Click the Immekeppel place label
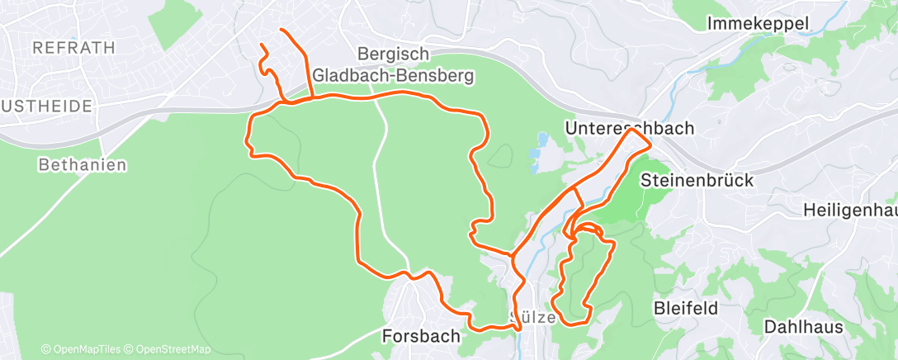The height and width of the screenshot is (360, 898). pos(758,24)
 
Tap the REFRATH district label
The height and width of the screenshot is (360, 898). pos(73,48)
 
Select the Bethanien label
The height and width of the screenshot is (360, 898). pos(83,165)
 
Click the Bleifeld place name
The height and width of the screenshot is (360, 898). pos(686,308)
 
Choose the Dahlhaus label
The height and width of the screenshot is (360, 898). pos(804,326)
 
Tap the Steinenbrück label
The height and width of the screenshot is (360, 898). pos(697,179)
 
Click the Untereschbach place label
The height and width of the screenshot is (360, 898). pos(629,128)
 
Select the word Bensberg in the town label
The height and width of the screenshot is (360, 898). pos(435,76)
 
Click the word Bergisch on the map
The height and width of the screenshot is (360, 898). pos(394,54)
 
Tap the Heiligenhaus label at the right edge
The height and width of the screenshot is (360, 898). pos(850,211)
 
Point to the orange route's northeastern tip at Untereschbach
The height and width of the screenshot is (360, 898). pos(650,144)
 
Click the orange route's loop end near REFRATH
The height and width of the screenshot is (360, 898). pos(262,45)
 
